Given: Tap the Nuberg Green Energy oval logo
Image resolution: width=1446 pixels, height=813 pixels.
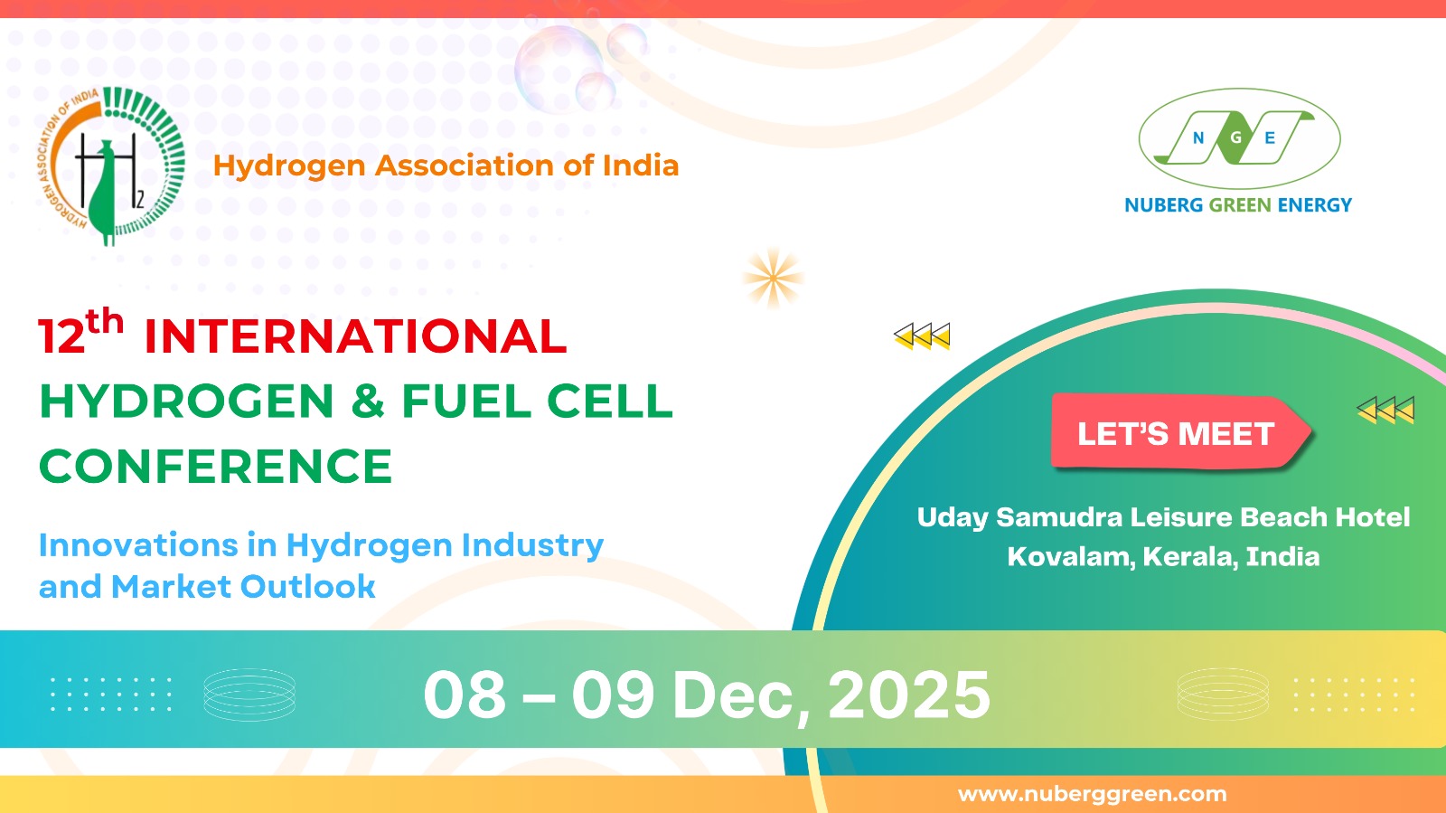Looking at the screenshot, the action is pyautogui.click(x=1239, y=138).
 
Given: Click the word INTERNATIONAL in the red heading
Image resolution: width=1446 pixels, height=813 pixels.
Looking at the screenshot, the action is pyautogui.click(x=356, y=336).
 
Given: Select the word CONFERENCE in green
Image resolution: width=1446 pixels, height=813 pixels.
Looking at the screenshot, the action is pyautogui.click(x=216, y=467).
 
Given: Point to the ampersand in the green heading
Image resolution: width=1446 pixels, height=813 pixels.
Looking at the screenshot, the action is pyautogui.click(x=368, y=401).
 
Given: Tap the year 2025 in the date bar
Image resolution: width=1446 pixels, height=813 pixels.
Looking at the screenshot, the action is pyautogui.click(x=909, y=695).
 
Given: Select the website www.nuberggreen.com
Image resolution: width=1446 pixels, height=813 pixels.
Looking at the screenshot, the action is pyautogui.click(x=1093, y=794).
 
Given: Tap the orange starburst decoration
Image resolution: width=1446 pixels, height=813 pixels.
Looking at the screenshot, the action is pyautogui.click(x=773, y=279).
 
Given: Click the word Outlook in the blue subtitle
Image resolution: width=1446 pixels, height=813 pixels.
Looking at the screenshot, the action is pyautogui.click(x=307, y=586).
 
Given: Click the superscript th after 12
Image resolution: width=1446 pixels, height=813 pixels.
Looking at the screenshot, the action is pyautogui.click(x=105, y=321).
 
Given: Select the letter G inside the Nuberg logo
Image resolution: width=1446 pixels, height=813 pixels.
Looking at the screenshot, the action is pyautogui.click(x=1236, y=137).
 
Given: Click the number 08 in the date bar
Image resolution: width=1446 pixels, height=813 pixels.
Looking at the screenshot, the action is pyautogui.click(x=465, y=695).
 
